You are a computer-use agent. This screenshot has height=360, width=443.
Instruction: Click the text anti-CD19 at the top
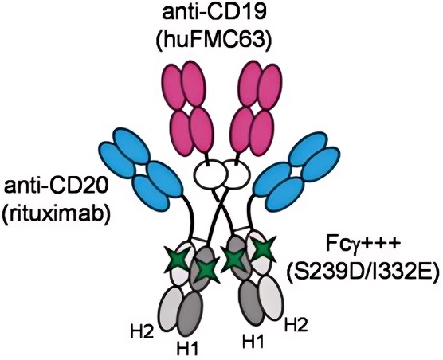click(x=214, y=14)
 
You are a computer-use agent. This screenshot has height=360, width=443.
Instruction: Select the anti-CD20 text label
click(x=56, y=187)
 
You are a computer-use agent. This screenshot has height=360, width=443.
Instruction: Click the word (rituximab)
click(x=56, y=216)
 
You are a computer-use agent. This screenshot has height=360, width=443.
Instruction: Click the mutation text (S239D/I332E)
click(x=363, y=272)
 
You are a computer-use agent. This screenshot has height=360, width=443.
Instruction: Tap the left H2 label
click(x=142, y=332)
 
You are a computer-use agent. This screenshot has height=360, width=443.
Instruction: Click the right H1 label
click(x=253, y=341)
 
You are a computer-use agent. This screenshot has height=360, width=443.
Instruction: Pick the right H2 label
click(x=296, y=324)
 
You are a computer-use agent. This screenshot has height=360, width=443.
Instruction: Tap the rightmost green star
click(x=263, y=248)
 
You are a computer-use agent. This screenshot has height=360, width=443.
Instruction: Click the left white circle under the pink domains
click(x=210, y=175)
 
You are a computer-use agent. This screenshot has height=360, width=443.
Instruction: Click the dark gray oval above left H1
click(x=191, y=314)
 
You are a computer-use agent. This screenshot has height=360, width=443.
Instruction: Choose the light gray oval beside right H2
click(x=271, y=298)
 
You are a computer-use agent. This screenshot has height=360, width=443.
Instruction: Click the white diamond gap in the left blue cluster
click(x=140, y=170)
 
